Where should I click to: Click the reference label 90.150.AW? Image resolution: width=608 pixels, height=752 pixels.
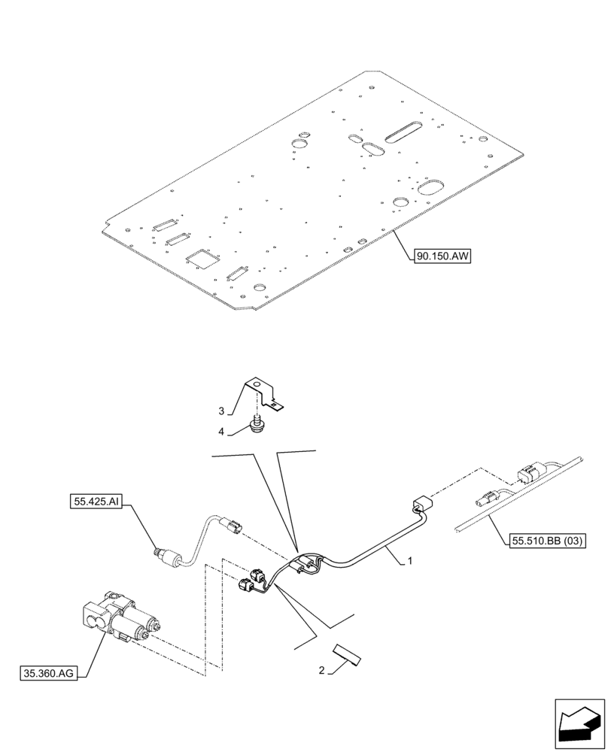click(x=442, y=256)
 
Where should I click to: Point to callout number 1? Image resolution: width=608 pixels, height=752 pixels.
click(x=409, y=561)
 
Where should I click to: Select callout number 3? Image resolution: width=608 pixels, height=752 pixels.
click(x=222, y=411)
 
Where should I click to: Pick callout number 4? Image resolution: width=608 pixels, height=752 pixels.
click(x=222, y=431)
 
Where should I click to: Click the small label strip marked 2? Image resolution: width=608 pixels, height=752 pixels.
click(x=346, y=656)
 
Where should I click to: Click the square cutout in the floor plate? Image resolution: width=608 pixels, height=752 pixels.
click(x=202, y=258)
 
